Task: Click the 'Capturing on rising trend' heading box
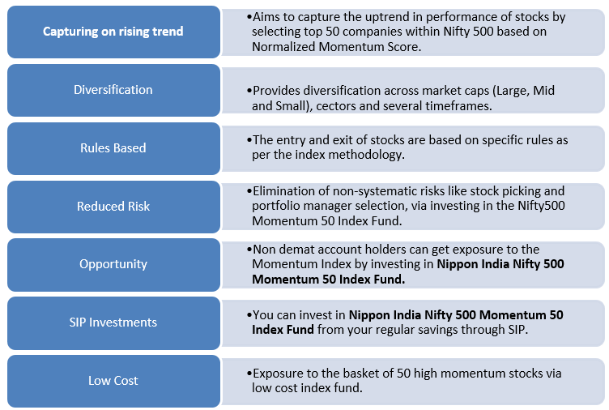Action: [113, 32]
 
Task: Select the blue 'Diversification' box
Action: [113, 90]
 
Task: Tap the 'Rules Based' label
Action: [113, 148]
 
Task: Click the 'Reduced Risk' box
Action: [113, 207]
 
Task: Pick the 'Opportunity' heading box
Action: [113, 264]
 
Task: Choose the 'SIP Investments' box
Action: [113, 322]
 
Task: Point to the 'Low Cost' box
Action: [113, 381]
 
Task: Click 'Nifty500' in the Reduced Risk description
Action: [541, 206]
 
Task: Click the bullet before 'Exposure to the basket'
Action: [249, 374]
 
